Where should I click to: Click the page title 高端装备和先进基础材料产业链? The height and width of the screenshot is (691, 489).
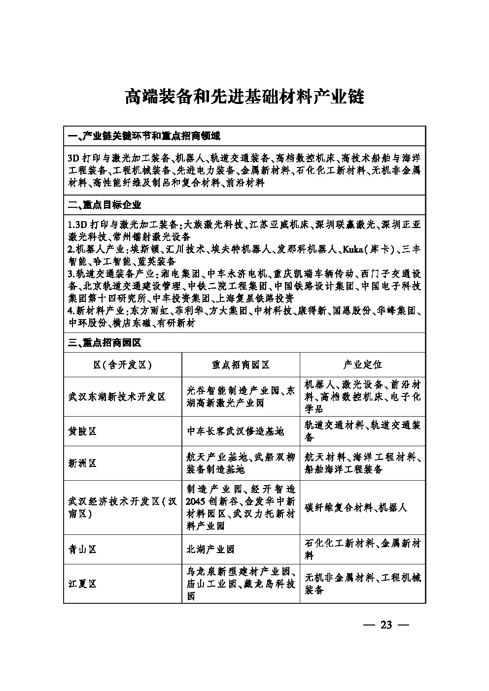(244, 97)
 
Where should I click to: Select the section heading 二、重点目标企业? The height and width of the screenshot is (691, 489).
(105, 204)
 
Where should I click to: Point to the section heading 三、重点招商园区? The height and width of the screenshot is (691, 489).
(105, 343)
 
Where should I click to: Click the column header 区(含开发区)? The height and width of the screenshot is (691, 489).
(122, 365)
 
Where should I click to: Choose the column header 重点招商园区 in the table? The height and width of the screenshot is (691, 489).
(241, 365)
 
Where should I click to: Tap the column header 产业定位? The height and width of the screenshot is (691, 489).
(362, 365)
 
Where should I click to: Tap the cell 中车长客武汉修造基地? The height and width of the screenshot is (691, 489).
(235, 431)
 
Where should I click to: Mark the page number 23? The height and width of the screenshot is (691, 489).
(386, 625)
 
